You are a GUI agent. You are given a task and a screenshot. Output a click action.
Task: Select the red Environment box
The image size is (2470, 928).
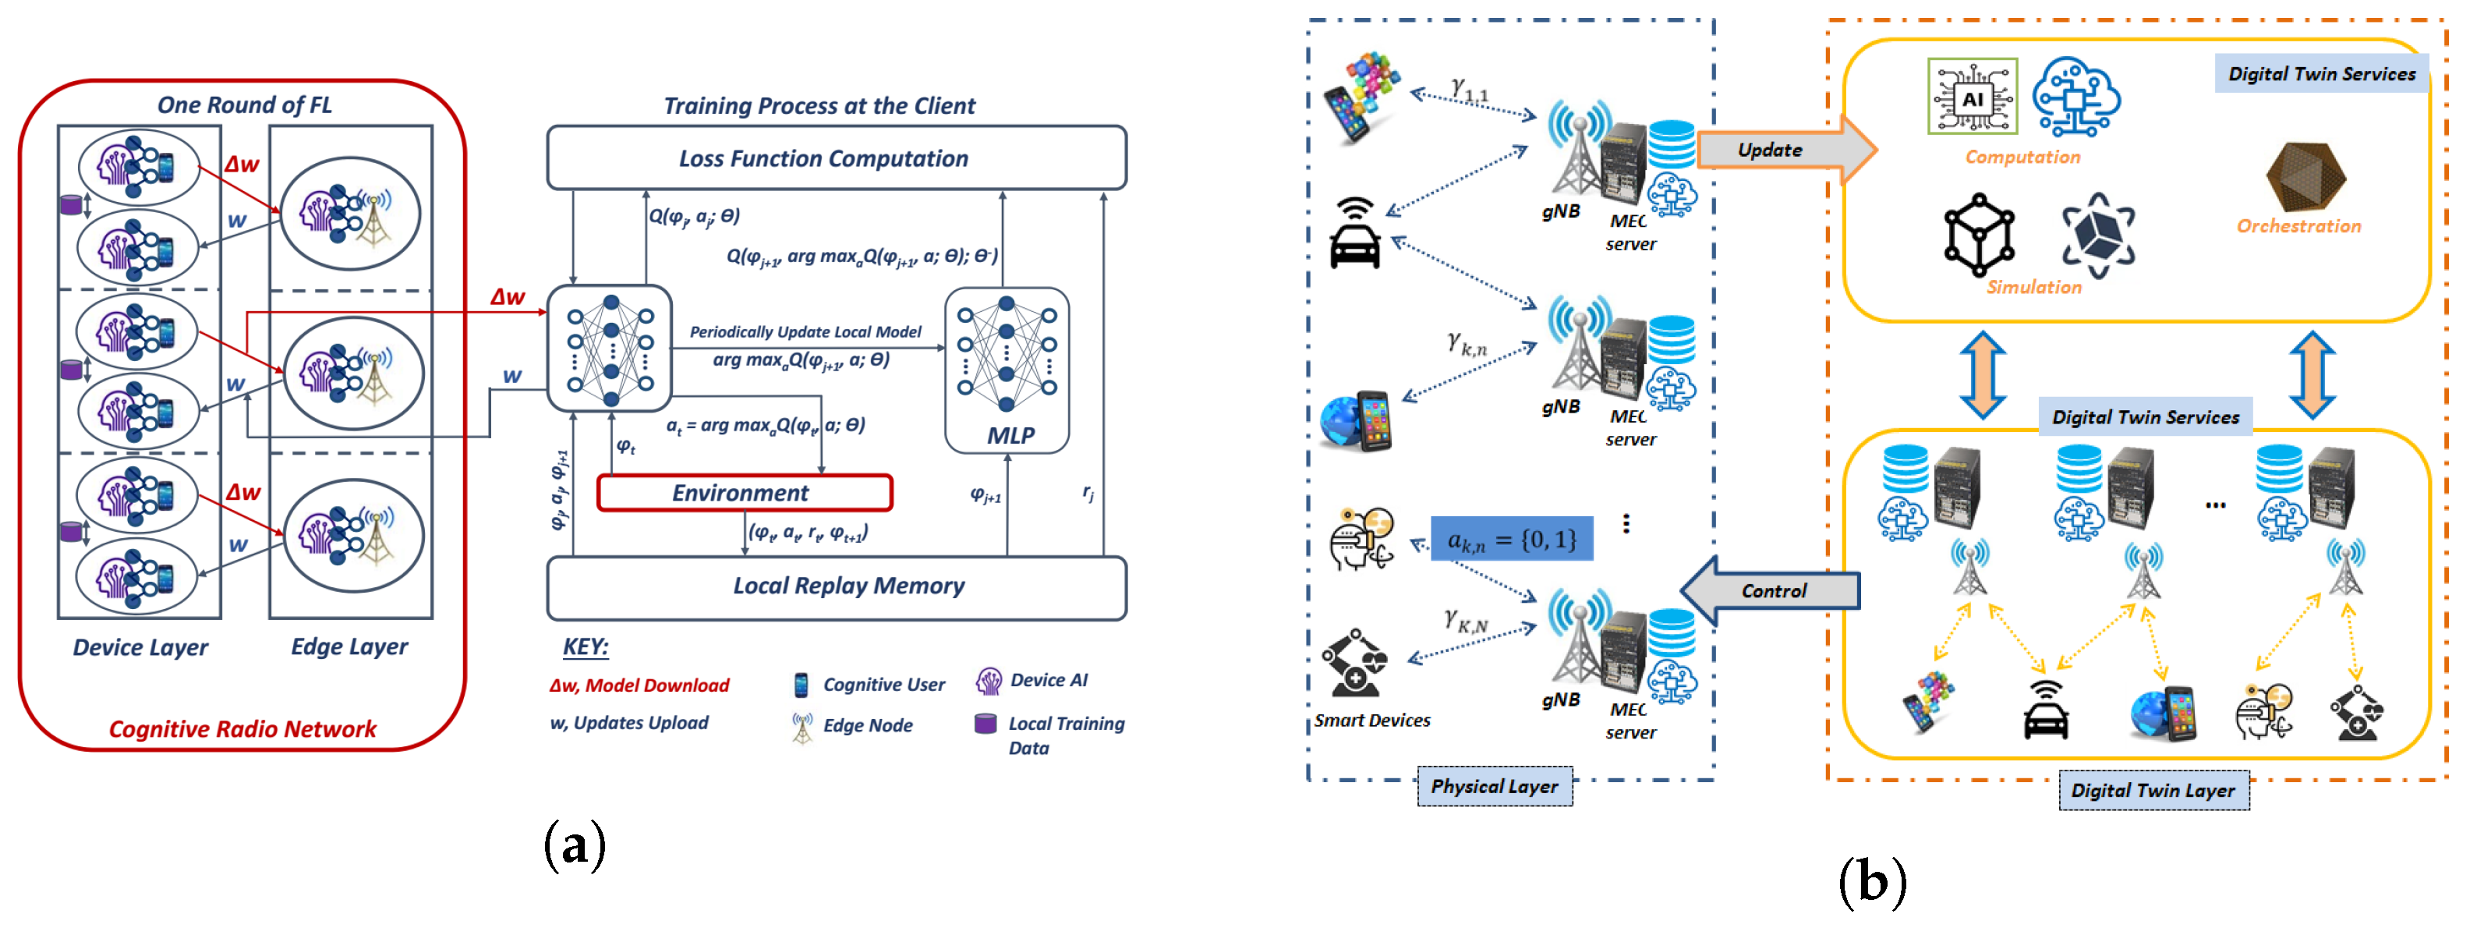tap(744, 493)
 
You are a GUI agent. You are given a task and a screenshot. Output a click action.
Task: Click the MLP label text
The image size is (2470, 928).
tap(1010, 435)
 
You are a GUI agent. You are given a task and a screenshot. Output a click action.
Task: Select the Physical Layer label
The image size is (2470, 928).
tap(1494, 786)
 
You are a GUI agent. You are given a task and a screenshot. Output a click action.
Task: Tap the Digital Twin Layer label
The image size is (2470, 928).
tap(2153, 791)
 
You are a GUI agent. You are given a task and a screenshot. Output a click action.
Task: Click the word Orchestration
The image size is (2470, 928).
tap(2298, 226)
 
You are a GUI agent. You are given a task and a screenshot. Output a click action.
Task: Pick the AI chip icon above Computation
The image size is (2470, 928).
tap(1973, 97)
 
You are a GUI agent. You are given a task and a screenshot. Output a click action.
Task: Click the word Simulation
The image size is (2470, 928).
tap(2033, 287)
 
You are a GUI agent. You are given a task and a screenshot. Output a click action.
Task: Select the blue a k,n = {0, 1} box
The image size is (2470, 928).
tap(1512, 540)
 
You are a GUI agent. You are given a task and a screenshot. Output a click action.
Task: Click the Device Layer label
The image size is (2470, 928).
tap(140, 647)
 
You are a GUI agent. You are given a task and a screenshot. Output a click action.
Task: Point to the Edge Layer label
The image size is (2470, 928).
tap(349, 647)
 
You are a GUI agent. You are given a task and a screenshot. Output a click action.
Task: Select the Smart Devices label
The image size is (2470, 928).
tap(1371, 720)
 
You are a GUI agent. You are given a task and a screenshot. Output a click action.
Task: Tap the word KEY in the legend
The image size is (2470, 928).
tap(585, 647)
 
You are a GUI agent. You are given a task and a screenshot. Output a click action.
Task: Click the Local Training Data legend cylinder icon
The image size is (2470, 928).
tap(985, 724)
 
